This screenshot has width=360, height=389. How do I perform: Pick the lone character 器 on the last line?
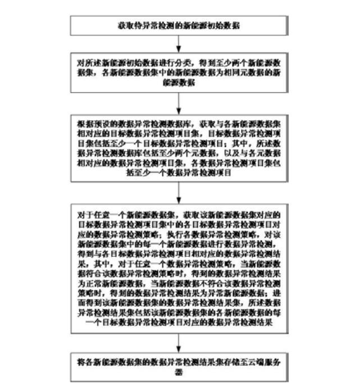pyautogui.click(x=179, y=370)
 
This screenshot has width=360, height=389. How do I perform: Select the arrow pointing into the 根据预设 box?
pyautogui.click(x=179, y=103)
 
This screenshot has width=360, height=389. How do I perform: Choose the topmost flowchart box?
pyautogui.click(x=179, y=26)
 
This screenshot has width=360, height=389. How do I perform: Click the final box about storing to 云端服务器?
pyautogui.click(x=179, y=366)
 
